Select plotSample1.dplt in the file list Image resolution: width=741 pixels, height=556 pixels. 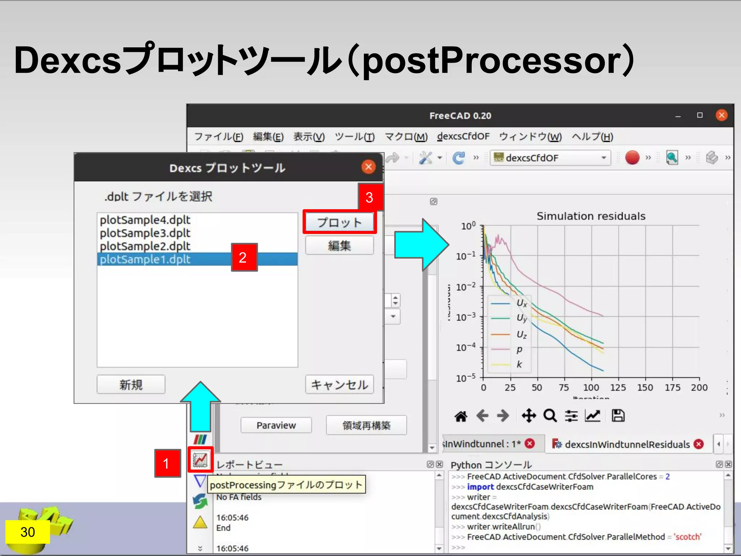(145, 259)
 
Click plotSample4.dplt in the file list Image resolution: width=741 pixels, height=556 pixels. (145, 220)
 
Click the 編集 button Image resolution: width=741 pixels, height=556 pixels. (339, 246)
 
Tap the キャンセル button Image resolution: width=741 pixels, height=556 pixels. (339, 384)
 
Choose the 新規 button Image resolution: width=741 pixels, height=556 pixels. (131, 384)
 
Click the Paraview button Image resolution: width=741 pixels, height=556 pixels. (276, 425)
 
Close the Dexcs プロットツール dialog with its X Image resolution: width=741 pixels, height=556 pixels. (368, 167)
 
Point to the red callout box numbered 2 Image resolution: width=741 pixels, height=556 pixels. (244, 257)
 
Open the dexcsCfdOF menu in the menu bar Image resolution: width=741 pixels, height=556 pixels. (463, 136)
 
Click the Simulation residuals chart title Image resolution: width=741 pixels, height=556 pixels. (590, 216)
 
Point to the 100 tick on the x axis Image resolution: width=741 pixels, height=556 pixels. (591, 388)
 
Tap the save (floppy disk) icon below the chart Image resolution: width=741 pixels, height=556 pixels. (618, 416)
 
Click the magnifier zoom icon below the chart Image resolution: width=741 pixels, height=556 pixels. (550, 416)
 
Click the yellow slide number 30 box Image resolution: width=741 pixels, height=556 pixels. (27, 532)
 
